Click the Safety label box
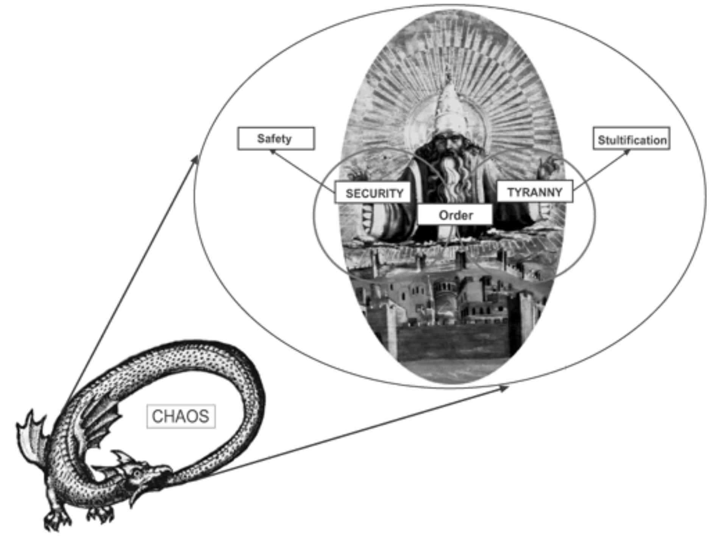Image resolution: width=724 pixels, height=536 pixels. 276,139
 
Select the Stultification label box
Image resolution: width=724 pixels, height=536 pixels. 631,139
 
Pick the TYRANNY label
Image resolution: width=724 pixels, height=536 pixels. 534,192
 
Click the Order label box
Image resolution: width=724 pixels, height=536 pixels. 455,215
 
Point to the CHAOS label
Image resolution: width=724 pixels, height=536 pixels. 181,416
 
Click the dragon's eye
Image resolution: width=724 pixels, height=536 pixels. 137,473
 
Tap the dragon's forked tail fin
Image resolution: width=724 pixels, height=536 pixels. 32,435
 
